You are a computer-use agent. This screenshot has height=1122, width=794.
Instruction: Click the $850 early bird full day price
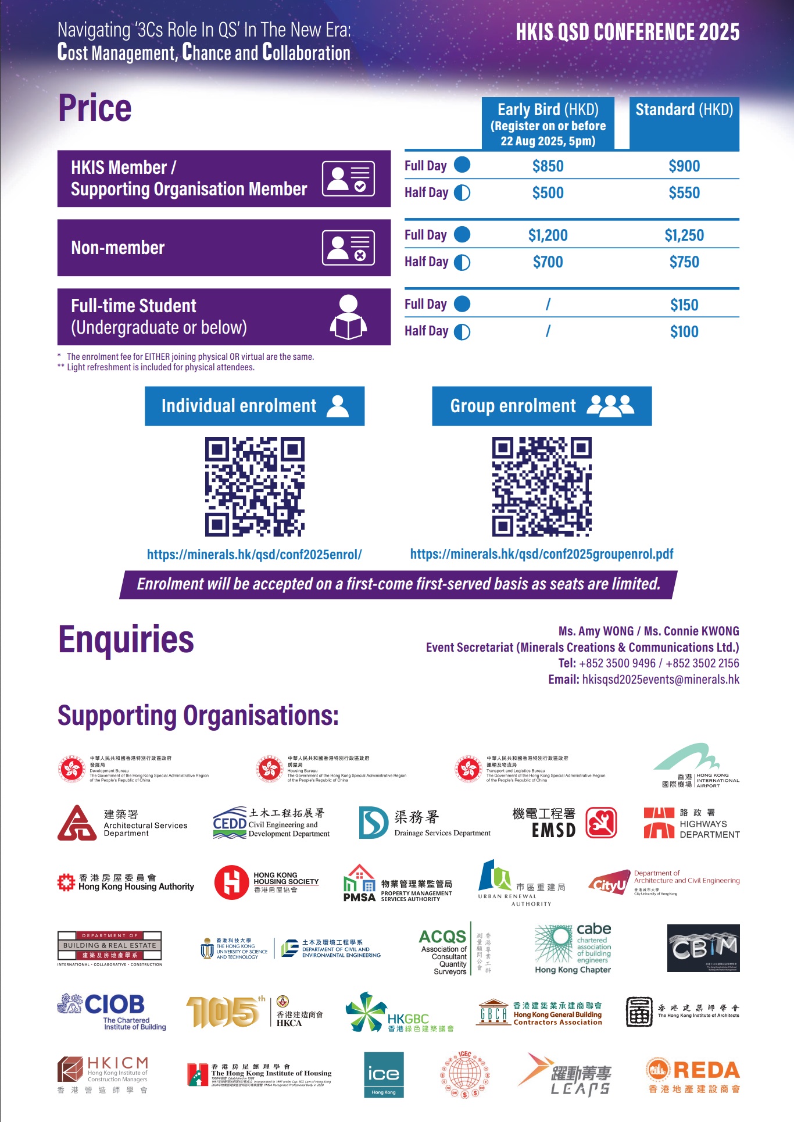point(548,166)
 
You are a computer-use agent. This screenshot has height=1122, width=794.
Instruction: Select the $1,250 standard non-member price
point(684,235)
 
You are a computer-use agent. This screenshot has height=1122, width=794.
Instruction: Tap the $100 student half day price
point(684,332)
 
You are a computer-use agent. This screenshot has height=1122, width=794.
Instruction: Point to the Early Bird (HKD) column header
point(548,124)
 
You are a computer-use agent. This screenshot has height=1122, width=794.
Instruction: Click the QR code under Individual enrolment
point(255,487)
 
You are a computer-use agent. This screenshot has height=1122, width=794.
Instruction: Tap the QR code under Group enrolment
point(542,487)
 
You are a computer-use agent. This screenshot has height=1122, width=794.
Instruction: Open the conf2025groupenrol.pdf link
point(542,554)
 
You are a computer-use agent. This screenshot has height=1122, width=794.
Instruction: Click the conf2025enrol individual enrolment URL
point(255,555)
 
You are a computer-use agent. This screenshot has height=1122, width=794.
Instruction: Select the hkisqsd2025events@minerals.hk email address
point(660,680)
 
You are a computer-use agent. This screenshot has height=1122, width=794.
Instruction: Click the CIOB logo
point(112,1012)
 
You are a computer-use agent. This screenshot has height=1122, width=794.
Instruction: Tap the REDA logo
point(693,1075)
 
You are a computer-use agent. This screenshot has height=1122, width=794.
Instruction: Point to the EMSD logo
point(564,823)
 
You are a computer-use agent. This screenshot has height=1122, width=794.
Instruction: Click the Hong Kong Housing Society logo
point(266,882)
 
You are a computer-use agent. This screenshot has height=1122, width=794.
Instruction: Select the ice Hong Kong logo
point(384,1075)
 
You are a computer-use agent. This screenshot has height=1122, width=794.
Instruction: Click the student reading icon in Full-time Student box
point(348,317)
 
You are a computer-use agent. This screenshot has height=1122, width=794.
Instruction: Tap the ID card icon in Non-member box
point(348,248)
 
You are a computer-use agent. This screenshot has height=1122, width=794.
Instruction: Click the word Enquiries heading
point(126,639)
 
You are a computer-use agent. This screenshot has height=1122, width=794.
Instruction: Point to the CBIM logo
point(703,948)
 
